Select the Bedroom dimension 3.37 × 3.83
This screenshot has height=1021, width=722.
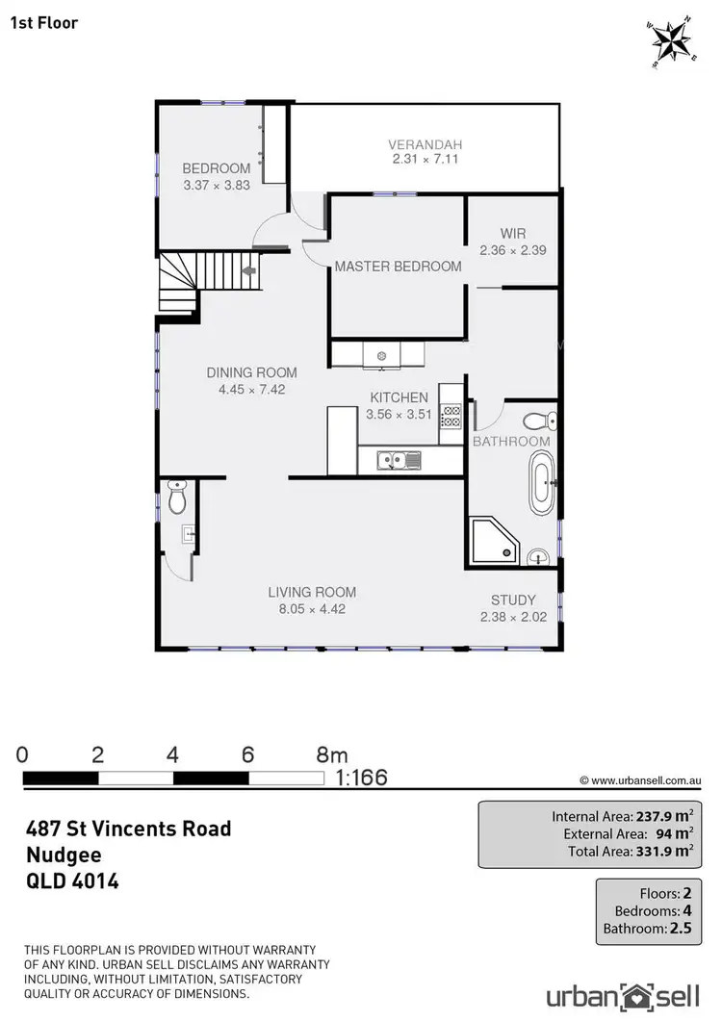(x=217, y=184)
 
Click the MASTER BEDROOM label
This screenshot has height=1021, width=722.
(x=398, y=267)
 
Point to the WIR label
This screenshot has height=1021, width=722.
(x=512, y=234)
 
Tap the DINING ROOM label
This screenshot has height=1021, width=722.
(x=251, y=372)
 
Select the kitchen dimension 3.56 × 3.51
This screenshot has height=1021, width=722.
(x=400, y=415)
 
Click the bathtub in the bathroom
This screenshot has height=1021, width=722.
(x=544, y=484)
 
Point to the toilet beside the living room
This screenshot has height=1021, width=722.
(x=176, y=498)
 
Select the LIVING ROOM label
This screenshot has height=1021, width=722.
(x=312, y=593)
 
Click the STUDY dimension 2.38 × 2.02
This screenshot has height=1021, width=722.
(x=513, y=617)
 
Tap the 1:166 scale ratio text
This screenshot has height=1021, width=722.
(x=362, y=777)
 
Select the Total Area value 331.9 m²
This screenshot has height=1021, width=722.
(x=664, y=851)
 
